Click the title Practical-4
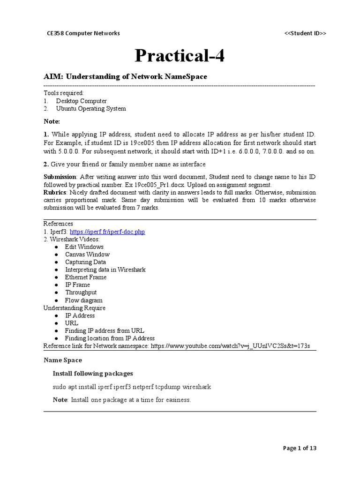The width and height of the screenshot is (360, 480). [x=180, y=56]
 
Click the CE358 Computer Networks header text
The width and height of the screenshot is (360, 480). [x=83, y=33]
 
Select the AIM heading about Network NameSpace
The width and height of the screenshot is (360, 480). [x=125, y=76]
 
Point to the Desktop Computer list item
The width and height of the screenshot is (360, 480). [x=81, y=101]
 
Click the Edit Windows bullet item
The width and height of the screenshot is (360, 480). [x=84, y=247]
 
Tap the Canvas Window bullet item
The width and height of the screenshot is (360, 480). [x=87, y=255]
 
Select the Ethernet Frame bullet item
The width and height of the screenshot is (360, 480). [x=86, y=277]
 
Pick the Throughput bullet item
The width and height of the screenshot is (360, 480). [x=81, y=292]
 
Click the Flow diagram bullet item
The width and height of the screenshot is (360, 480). [x=83, y=300]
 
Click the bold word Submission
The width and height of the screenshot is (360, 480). [x=60, y=177]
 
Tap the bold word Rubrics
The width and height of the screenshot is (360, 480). [x=54, y=192]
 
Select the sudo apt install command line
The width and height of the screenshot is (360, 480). [x=132, y=387]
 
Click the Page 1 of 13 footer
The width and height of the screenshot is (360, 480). [x=300, y=448]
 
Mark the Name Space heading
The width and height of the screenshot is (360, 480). [x=63, y=360]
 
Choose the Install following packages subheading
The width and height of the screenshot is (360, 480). [x=93, y=374]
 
